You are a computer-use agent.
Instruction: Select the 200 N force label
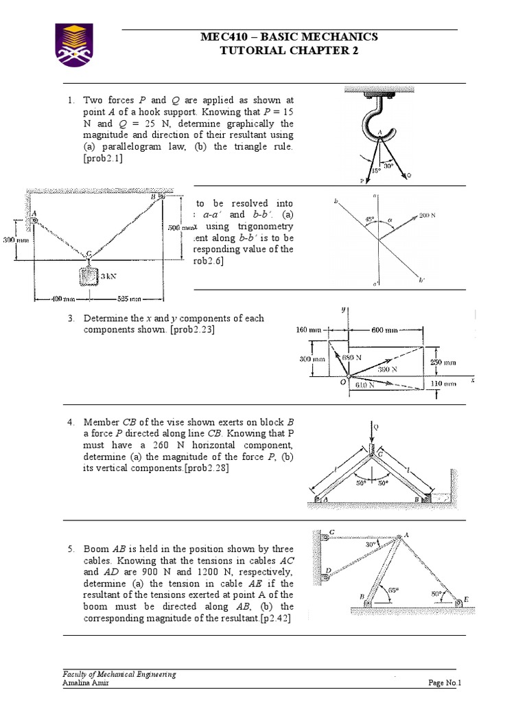[x=428, y=215]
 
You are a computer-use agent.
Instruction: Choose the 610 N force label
[x=365, y=385]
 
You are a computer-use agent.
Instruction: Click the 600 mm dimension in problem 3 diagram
[x=385, y=330]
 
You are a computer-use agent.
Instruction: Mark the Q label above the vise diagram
[x=376, y=427]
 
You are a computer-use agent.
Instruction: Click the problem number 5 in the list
[x=71, y=549]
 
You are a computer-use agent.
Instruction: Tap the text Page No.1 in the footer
[x=445, y=682]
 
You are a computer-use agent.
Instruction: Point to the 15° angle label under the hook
[x=376, y=170]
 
